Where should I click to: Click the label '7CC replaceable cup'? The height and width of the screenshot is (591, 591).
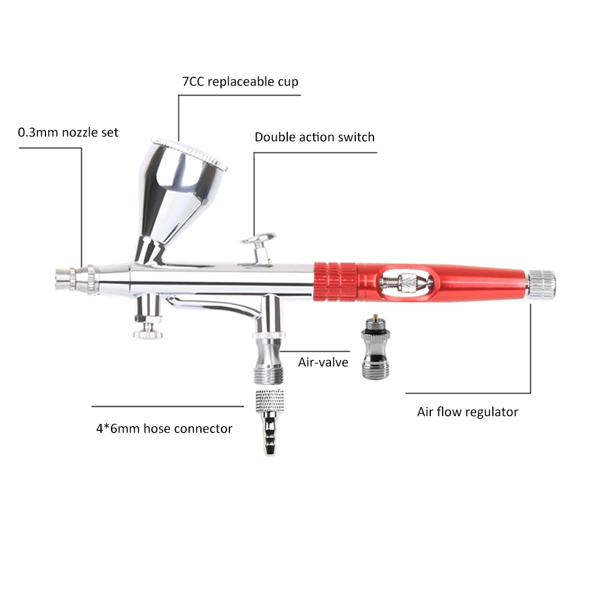coord(240,82)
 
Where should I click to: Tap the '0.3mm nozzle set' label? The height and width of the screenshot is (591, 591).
coord(68,132)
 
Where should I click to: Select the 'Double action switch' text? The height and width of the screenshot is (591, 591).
coord(315,137)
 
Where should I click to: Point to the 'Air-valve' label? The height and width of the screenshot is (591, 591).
coord(323,362)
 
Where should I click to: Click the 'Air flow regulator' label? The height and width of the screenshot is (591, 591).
coord(467,412)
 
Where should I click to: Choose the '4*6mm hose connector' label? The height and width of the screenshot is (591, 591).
coord(164,428)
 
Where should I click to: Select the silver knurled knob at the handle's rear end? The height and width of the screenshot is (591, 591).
coord(541,285)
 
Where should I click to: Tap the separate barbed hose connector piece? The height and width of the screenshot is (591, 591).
coord(269,422)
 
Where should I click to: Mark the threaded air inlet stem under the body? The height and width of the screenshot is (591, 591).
coord(269,339)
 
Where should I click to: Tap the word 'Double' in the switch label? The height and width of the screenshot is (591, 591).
coord(275,137)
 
